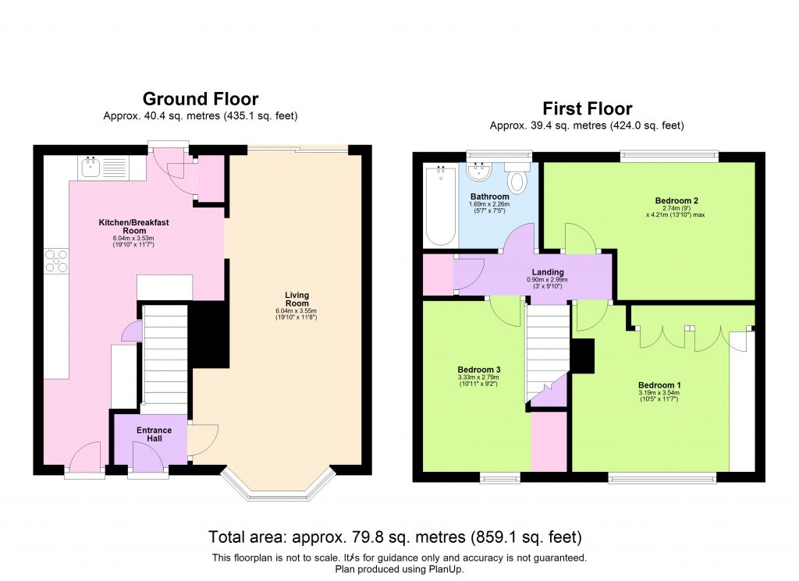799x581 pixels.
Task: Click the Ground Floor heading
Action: (200, 99)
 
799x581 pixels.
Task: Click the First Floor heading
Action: (587, 108)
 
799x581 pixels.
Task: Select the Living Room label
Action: (297, 299)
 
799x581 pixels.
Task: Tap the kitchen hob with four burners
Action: (56, 260)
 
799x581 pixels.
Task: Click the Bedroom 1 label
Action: (659, 385)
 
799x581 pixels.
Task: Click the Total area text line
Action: (395, 537)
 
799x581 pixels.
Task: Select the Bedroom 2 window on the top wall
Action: (668, 156)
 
